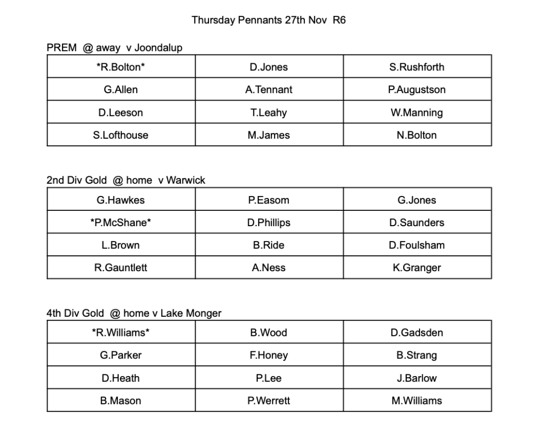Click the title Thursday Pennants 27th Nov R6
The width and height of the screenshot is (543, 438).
tap(268, 21)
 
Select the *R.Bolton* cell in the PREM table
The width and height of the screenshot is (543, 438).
tap(121, 67)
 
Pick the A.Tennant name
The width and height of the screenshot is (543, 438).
tap(269, 90)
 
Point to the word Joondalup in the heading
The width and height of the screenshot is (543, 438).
tap(158, 48)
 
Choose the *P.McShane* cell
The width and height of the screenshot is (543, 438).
tap(121, 223)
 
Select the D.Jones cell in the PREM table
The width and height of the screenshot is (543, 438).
tap(269, 67)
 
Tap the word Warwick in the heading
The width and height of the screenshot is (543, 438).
tap(186, 181)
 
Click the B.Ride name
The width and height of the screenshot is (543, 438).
tap(269, 245)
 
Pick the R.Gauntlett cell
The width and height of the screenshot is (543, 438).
tap(121, 268)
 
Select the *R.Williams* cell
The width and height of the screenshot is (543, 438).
tap(121, 333)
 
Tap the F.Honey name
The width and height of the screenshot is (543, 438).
tap(269, 355)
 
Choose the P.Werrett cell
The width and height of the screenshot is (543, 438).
tap(269, 401)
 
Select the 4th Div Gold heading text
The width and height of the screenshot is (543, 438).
tap(75, 314)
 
